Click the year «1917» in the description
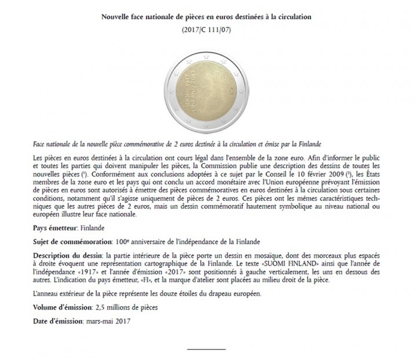[117, 271]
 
